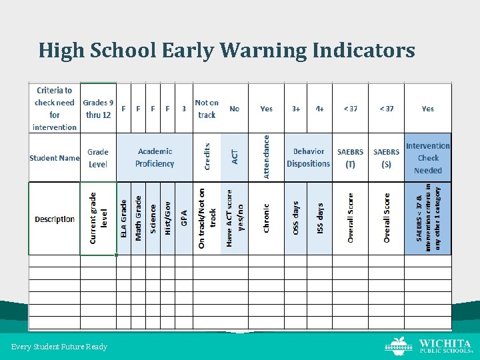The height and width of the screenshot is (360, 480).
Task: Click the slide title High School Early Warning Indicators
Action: coord(227,50)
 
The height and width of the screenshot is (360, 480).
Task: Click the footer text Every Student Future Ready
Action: coord(59,347)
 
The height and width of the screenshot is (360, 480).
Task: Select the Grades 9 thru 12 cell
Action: coord(98,108)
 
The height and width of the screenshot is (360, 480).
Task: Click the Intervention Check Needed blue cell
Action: coord(428,158)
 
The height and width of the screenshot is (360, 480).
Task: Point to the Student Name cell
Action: coord(54,158)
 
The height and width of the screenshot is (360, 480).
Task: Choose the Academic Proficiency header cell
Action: coord(154,158)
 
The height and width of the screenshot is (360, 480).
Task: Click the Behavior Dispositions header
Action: coord(308,158)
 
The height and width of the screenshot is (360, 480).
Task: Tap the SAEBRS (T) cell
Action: coord(350,158)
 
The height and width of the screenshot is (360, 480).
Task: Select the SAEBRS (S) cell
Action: coord(386,158)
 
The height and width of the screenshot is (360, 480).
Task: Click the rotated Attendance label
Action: coord(266,157)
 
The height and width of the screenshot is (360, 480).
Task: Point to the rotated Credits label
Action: coord(207,156)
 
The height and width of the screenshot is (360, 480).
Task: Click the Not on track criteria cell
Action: coord(207,109)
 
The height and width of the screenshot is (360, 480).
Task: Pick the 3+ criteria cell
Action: coord(296,109)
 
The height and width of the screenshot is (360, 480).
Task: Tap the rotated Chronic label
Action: coord(266,219)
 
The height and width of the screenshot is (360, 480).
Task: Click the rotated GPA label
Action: coord(185,219)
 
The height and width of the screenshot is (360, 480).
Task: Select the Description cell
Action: coord(55,219)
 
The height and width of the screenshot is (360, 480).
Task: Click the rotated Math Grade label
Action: coord(138,217)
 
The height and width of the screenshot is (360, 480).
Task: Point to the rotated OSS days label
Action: coord(296,219)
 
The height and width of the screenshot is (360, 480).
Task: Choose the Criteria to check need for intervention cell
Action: coord(55,108)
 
